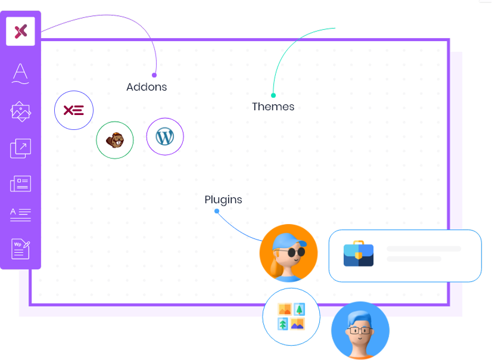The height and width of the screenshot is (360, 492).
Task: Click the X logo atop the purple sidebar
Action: [x=21, y=31]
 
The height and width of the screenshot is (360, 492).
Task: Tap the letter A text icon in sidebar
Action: [x=21, y=73]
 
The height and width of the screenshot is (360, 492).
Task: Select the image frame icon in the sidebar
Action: [x=21, y=111]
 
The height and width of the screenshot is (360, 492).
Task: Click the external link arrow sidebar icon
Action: [x=21, y=148]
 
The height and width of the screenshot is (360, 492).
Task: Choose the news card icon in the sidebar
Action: [x=21, y=184]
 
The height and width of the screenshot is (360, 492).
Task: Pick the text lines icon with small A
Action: [x=21, y=214]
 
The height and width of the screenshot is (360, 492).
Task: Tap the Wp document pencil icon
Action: [x=21, y=248]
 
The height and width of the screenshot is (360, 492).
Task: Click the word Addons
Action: [x=147, y=87]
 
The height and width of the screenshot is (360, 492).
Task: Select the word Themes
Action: [x=273, y=107]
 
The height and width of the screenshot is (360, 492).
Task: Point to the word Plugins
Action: [x=223, y=200]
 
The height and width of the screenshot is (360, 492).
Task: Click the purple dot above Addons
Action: [x=154, y=75]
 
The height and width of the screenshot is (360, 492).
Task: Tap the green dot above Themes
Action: [x=273, y=95]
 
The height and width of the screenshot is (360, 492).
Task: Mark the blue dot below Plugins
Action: [x=217, y=211]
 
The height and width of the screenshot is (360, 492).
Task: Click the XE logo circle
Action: [x=74, y=110]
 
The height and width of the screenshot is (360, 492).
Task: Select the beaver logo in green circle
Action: [x=114, y=141]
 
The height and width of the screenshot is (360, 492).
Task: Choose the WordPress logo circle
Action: [x=164, y=137]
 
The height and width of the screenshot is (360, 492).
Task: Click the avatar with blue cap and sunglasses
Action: [x=288, y=253]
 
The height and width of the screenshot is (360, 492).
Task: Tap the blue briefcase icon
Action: [x=359, y=253]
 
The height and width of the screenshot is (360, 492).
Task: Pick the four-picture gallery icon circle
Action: [x=291, y=316]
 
